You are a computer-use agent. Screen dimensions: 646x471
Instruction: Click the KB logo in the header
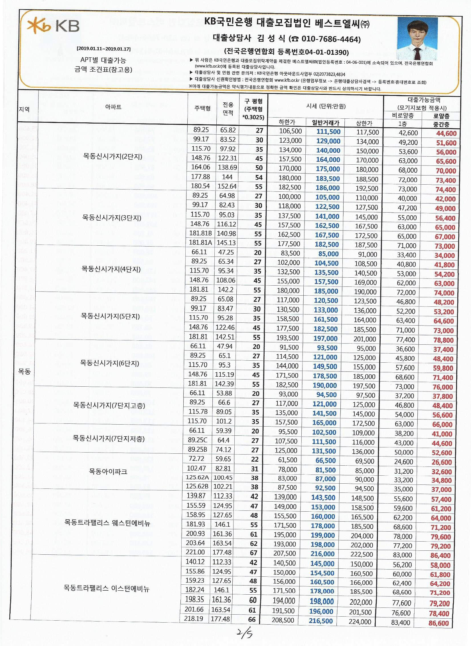tap(53, 26)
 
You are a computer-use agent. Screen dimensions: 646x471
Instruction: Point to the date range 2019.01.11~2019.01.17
tap(103, 49)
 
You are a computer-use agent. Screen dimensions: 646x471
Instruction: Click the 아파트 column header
tap(113, 107)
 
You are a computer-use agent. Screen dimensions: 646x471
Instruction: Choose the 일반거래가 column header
tap(325, 123)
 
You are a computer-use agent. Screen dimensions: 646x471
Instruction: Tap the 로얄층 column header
tap(441, 116)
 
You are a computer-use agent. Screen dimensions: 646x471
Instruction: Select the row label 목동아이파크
tap(108, 471)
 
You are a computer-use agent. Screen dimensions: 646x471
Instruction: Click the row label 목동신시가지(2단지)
tap(113, 157)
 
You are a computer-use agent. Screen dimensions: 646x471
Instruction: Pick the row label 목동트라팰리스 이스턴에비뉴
tap(106, 588)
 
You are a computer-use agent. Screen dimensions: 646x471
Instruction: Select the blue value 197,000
tap(325, 338)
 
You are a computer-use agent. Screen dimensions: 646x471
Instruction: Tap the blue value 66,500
tap(324, 460)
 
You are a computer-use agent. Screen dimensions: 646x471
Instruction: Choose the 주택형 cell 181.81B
tap(200, 233)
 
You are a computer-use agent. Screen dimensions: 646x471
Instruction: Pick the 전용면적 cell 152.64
tap(227, 186)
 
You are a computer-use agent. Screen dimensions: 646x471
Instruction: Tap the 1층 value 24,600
tap(404, 462)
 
